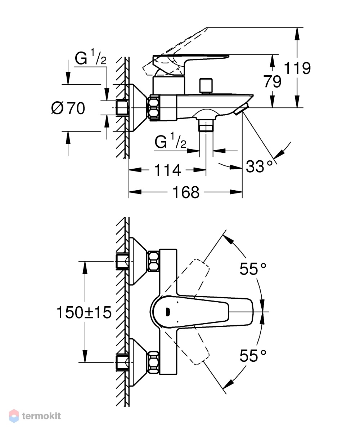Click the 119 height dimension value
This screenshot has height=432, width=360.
click(297, 68)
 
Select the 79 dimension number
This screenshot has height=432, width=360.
click(273, 81)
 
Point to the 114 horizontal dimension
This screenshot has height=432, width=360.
click(167, 170)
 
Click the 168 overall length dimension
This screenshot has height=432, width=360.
click(186, 192)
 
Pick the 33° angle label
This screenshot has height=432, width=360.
click(259, 166)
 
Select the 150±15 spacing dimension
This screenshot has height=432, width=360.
click(84, 312)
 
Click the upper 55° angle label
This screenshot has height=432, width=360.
click(253, 269)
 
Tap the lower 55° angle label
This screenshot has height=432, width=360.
click(253, 355)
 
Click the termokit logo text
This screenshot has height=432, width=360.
click(41, 416)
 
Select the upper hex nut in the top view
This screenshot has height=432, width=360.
click(154, 261)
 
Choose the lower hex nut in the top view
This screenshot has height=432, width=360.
click(154, 362)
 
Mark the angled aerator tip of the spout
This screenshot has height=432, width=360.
click(241, 109)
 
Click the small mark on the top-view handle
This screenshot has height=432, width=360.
click(167, 312)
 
